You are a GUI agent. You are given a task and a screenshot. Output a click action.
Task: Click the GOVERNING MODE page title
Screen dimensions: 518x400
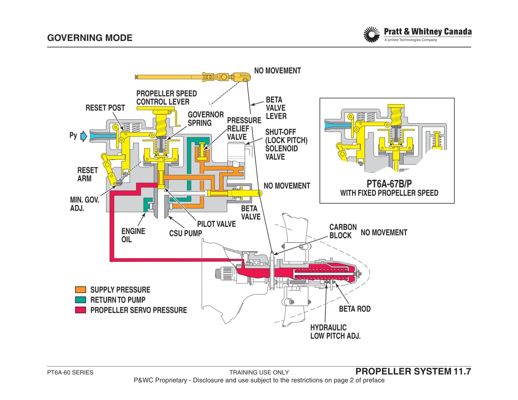pos(90,38)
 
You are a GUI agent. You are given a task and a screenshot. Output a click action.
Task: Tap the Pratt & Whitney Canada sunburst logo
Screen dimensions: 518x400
pos(371,35)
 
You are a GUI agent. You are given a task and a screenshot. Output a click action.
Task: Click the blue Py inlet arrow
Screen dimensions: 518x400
pos(84,136)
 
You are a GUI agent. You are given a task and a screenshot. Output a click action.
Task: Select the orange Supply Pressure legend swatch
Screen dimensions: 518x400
pos(80,290)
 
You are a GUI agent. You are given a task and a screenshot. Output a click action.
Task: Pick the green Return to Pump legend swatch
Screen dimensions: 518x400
pos(80,300)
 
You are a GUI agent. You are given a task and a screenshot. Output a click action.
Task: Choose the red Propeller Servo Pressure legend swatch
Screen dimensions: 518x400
pos(80,310)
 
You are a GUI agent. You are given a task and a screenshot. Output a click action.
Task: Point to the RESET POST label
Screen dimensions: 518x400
pos(105,108)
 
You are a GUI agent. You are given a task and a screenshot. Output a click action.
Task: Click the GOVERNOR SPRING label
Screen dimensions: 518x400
pos(206,119)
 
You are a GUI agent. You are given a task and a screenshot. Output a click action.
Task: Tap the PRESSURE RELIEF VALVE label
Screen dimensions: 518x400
pos(244,129)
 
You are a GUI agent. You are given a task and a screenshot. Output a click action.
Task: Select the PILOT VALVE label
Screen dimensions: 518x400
pos(216,224)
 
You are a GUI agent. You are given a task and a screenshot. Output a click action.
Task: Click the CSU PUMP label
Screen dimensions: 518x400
pos(186,233)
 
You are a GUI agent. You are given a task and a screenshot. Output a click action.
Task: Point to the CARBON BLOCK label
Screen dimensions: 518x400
pos(343,231)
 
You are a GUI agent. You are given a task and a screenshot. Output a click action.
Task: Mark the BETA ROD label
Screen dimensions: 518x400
pos(355,309)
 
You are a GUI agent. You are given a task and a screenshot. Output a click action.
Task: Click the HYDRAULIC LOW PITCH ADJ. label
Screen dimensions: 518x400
pos(335,332)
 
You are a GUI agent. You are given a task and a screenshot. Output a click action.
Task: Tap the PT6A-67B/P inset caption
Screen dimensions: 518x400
pos(389,184)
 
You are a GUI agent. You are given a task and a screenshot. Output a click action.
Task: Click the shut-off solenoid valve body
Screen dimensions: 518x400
pos(236,152)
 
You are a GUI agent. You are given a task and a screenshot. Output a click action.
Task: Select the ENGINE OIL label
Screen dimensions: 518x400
pos(133,235)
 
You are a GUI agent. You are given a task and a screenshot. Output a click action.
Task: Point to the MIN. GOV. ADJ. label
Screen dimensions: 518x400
pos(85,204)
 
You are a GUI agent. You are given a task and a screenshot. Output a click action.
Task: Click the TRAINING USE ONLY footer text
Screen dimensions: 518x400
pos(259,372)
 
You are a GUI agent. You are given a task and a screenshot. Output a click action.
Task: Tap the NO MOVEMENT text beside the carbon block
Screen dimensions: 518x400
pos(384,232)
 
